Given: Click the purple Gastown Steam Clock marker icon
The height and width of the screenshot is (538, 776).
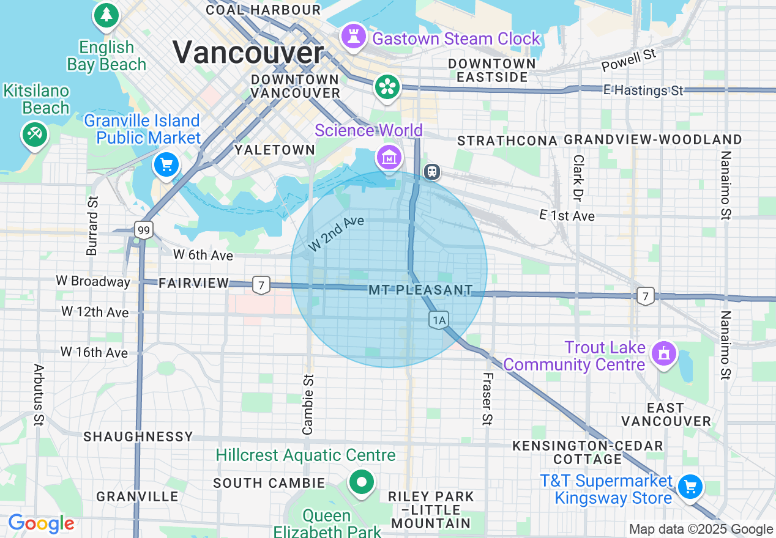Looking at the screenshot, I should [353, 35].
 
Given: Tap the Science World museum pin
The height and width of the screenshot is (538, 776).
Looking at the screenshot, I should [389, 158].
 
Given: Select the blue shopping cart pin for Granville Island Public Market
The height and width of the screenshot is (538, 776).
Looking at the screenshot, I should [166, 164].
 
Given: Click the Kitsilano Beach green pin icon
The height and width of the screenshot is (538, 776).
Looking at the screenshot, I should [35, 133].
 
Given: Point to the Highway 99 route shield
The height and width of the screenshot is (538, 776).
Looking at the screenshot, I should [144, 230].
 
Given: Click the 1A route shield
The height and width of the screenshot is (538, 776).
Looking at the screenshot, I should [439, 319].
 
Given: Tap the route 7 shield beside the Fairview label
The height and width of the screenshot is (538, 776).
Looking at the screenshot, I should [261, 284].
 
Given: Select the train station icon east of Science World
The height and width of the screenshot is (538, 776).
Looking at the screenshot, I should [433, 172].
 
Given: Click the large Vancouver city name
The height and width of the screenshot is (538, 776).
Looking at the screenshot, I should [248, 52].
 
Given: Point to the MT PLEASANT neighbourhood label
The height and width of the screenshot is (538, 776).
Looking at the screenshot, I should [421, 290].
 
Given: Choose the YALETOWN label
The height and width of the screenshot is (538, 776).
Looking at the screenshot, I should [275, 150].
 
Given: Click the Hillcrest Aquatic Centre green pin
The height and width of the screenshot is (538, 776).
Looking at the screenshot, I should [362, 482].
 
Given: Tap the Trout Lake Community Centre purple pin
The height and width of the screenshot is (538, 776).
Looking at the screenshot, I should [664, 353].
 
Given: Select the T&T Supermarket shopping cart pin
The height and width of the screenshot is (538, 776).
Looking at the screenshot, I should [691, 487].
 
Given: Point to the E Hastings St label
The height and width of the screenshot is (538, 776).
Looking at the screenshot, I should [643, 90].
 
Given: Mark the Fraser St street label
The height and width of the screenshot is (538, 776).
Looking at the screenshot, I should [487, 399].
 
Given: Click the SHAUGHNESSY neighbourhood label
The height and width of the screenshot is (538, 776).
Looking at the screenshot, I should [138, 437].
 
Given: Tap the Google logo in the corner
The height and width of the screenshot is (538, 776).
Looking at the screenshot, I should [41, 524].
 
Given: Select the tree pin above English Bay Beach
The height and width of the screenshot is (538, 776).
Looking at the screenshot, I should [107, 15].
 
